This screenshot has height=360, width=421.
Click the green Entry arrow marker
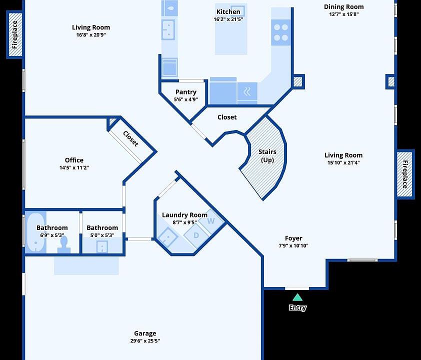[x=297, y=297]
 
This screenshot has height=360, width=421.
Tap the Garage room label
[x=145, y=333]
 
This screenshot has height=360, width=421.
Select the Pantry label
[x=185, y=92]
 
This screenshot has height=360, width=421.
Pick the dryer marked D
[x=196, y=234]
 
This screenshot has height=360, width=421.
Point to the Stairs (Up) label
[x=267, y=155]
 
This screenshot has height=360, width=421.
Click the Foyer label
[x=293, y=238]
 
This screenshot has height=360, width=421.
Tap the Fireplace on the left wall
[x=14, y=34]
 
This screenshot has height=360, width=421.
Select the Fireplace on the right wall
[x=405, y=173]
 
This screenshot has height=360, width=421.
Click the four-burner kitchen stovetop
[x=281, y=32]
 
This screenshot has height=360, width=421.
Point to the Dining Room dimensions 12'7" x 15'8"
[x=343, y=14]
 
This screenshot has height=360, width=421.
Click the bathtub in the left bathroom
[x=35, y=232]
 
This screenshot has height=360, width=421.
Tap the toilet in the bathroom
[x=63, y=243]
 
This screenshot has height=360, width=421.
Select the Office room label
[x=74, y=160]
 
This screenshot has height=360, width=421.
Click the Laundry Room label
[x=184, y=215]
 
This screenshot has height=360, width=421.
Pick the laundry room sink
[x=167, y=236]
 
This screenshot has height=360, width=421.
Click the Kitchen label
[x=228, y=12]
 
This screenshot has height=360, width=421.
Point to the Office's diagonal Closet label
[x=130, y=138]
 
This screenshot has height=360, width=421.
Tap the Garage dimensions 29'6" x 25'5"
[x=145, y=341]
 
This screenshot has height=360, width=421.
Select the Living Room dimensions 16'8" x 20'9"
[x=91, y=35]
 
